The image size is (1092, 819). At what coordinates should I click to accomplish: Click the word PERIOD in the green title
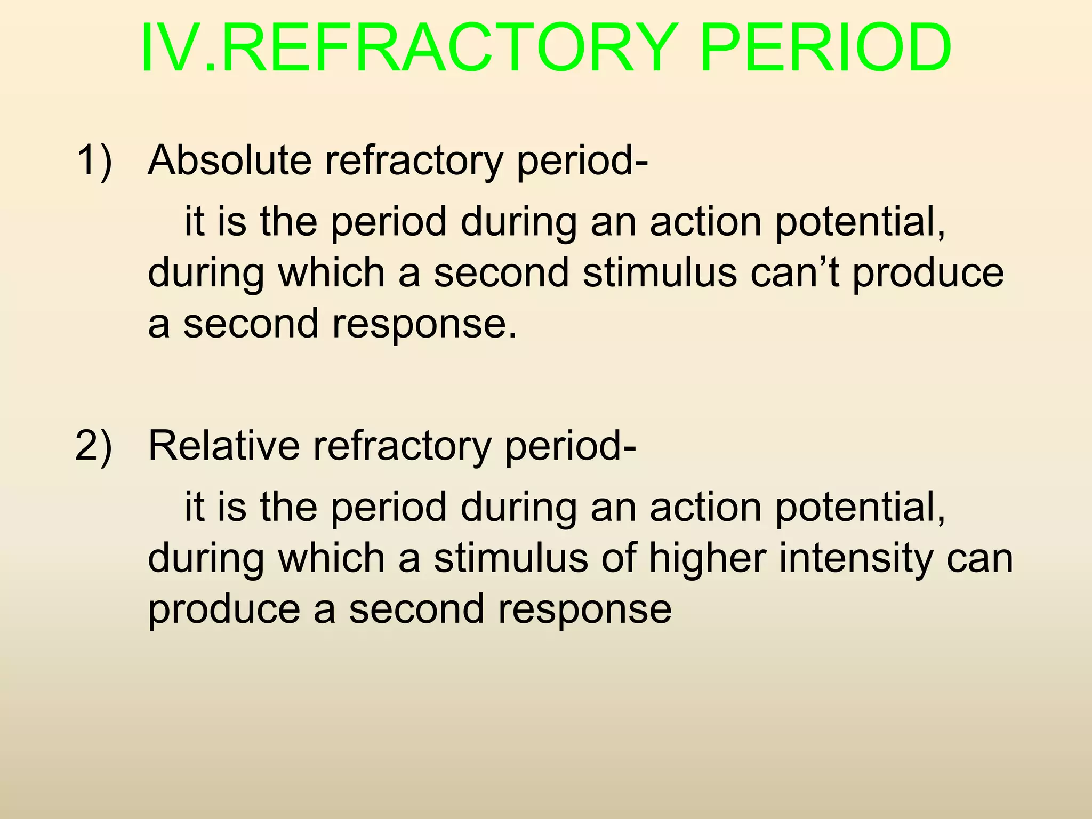tap(825, 48)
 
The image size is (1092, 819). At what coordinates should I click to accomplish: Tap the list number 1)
tap(94, 160)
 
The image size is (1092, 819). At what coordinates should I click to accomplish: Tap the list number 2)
tap(94, 446)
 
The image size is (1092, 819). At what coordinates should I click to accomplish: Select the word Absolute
tap(230, 160)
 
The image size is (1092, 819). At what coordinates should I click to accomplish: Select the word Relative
tap(224, 446)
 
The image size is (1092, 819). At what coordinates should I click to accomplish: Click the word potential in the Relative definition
tap(860, 508)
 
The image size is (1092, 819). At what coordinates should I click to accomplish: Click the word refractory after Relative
tap(401, 446)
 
